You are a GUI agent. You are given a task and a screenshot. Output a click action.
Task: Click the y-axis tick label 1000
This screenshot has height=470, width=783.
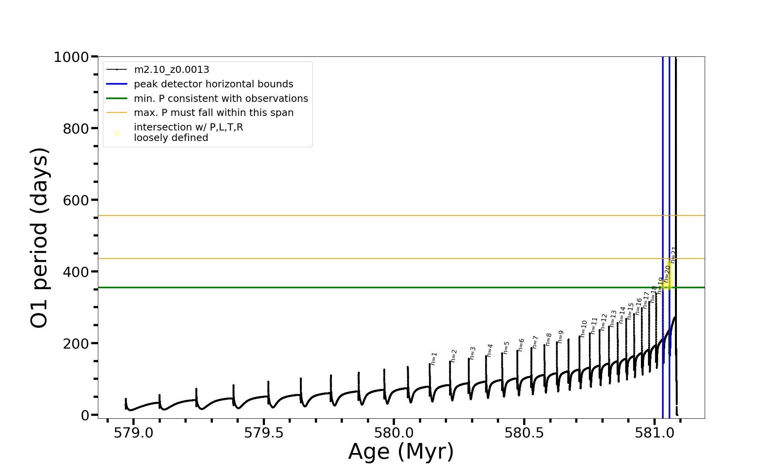(x=71, y=57)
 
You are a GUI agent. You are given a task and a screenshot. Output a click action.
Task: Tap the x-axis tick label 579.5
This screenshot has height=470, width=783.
(x=264, y=433)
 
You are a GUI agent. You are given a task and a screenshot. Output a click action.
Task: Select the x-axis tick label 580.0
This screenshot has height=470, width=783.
(x=394, y=433)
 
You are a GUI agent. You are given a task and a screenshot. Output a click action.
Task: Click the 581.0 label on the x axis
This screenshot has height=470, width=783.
(x=654, y=433)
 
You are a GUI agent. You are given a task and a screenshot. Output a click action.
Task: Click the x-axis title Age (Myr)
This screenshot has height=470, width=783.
(x=401, y=452)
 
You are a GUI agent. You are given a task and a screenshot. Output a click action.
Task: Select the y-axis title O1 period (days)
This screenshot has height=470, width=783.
(x=39, y=238)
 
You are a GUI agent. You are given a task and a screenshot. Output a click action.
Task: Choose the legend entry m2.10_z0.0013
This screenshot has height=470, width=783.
(x=171, y=70)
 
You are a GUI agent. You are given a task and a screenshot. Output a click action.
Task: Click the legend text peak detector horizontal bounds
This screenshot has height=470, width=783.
(x=213, y=84)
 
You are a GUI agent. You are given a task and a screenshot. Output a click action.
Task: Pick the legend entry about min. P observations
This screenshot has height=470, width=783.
(x=221, y=99)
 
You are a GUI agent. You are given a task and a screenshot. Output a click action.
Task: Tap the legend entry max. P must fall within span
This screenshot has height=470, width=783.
(x=214, y=113)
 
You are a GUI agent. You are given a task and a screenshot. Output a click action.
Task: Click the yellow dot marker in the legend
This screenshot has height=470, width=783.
(x=117, y=134)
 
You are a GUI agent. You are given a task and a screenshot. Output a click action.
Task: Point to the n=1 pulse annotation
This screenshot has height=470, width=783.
(x=434, y=359)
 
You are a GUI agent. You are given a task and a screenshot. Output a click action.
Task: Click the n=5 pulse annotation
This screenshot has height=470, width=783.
(x=506, y=347)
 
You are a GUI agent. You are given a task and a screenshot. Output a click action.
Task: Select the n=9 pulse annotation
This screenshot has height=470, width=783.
(x=561, y=337)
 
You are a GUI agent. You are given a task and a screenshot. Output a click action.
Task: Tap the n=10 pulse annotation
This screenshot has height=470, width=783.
(x=584, y=328)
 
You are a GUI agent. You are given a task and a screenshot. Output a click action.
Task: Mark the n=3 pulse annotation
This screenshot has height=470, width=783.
(x=473, y=353)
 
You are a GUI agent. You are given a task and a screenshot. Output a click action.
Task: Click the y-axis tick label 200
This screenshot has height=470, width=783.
(x=76, y=343)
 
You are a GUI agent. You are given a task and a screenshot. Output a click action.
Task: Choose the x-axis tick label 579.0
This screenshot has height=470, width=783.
(x=134, y=433)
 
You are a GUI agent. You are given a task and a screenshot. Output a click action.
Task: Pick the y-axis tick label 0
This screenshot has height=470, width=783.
(x=85, y=415)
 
